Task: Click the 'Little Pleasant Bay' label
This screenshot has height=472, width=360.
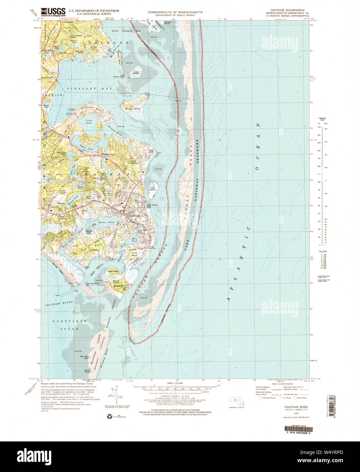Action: pyautogui.click(x=126, y=31)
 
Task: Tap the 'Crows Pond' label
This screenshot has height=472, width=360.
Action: pyautogui.click(x=89, y=122)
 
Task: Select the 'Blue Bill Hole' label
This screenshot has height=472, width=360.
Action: pyautogui.click(x=84, y=357)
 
